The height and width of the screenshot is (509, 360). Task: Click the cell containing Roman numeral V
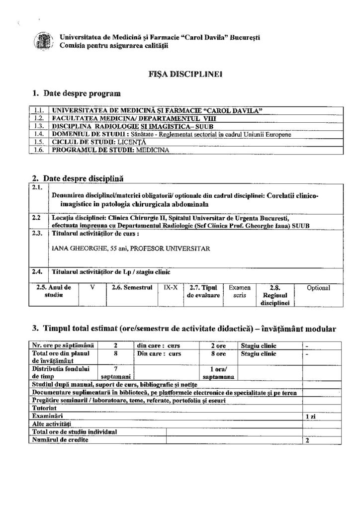tap(92, 288)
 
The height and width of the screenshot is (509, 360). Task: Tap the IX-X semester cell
tap(170, 288)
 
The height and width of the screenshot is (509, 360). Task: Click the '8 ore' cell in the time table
tap(218, 354)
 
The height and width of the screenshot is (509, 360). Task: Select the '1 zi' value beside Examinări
tap(310, 415)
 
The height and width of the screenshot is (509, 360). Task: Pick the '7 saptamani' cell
tap(115, 372)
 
